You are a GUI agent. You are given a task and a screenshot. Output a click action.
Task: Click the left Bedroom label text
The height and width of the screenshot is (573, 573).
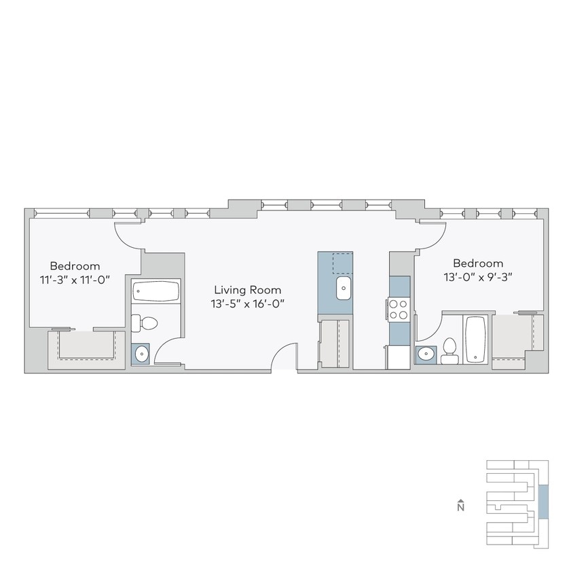tap(75, 266)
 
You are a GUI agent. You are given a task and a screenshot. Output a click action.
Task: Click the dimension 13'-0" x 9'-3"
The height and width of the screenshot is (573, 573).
tap(478, 278)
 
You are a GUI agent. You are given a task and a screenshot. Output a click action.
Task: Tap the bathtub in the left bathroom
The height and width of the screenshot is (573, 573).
tap(155, 293)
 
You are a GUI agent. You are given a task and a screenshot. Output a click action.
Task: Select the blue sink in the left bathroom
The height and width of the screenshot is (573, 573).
tap(141, 353)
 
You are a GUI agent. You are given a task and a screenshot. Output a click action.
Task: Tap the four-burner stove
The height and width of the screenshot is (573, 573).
tap(399, 310)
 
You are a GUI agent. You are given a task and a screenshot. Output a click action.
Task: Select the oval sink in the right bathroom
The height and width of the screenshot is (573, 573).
tap(426, 354)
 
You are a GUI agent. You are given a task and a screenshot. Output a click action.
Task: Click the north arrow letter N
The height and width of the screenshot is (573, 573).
tap(460, 506)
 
